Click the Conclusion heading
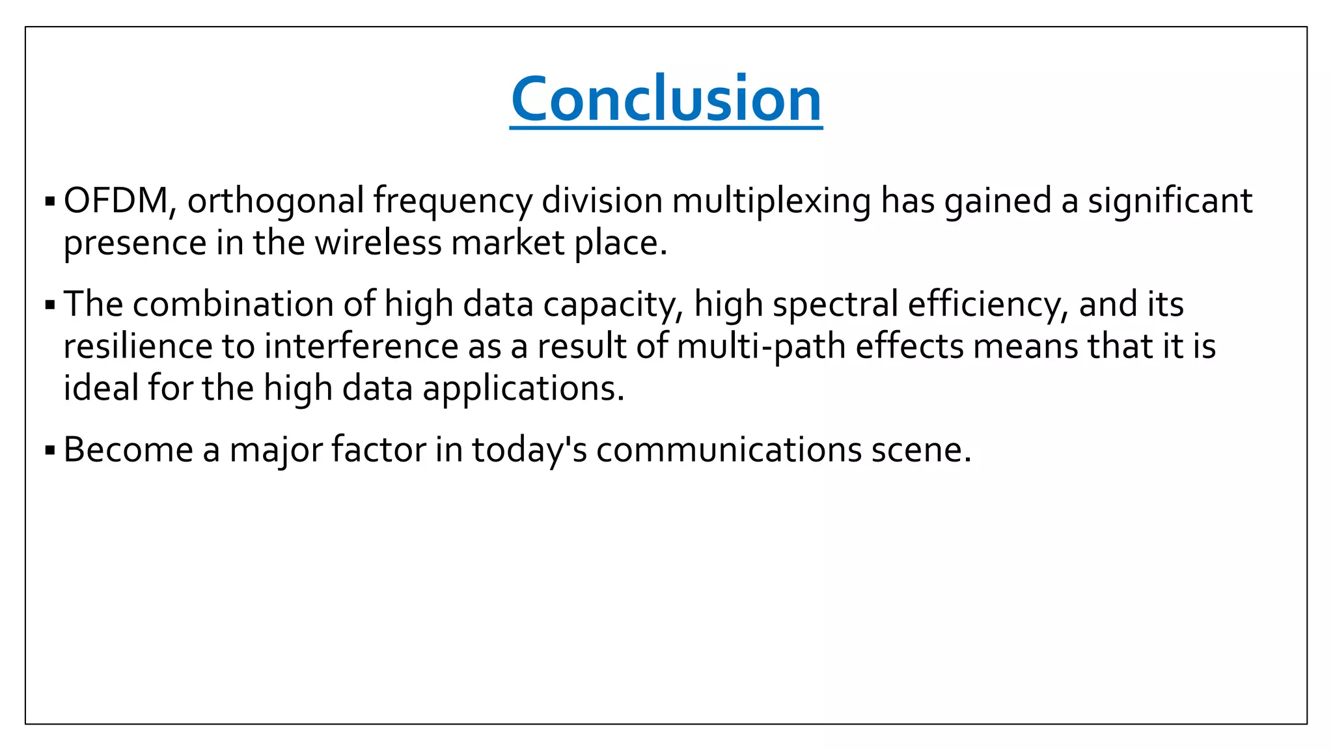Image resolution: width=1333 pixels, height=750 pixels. click(666, 99)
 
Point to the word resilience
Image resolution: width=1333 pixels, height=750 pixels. click(138, 346)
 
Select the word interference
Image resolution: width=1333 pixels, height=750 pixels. click(361, 346)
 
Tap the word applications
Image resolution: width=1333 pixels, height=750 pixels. click(523, 389)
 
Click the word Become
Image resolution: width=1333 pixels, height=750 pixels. click(128, 450)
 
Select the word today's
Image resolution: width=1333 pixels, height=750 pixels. click(529, 451)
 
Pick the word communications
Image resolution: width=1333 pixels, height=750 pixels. click(729, 450)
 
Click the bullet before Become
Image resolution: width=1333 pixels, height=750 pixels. click(50, 450)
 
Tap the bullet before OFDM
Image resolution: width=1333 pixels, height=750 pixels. click(50, 201)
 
